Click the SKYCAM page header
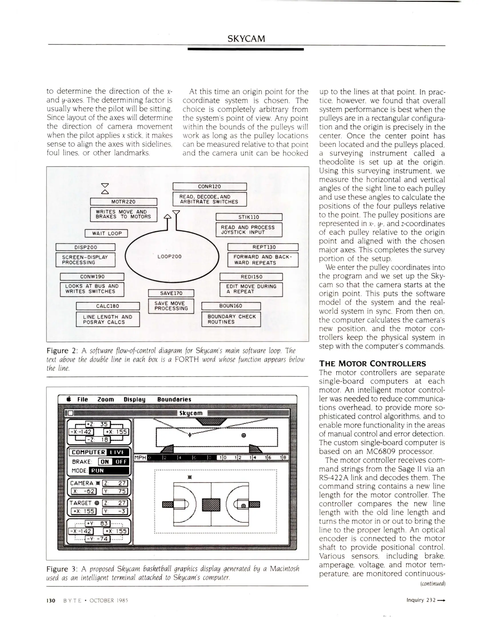[246, 39]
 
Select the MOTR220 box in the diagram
[123, 202]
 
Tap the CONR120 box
[209, 187]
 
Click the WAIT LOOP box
[106, 233]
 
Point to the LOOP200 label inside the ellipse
[169, 257]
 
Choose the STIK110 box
[249, 217]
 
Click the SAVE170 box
[171, 293]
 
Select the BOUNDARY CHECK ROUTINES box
[231, 319]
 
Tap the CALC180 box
[107, 306]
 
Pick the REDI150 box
[251, 277]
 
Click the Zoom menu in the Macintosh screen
[105, 399]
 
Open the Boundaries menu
[174, 399]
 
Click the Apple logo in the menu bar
[68, 399]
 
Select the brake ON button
[105, 462]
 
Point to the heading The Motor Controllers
[372, 364]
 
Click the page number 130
[51, 600]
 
